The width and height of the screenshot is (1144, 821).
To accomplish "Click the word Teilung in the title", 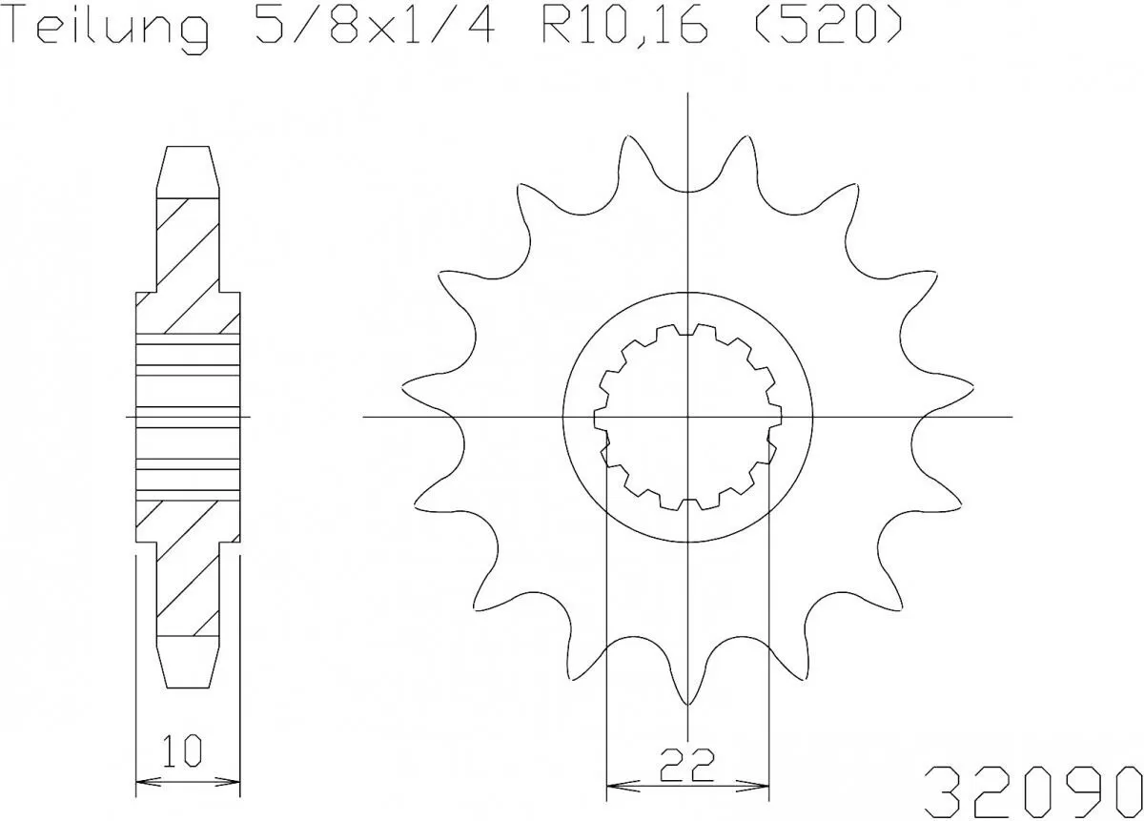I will tap(109, 29).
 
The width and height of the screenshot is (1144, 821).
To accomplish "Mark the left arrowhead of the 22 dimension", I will tap(613, 788).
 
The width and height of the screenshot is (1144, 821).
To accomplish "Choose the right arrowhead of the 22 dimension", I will tap(763, 788).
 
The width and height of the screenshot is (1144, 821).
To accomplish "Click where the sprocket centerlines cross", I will tap(687, 417).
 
